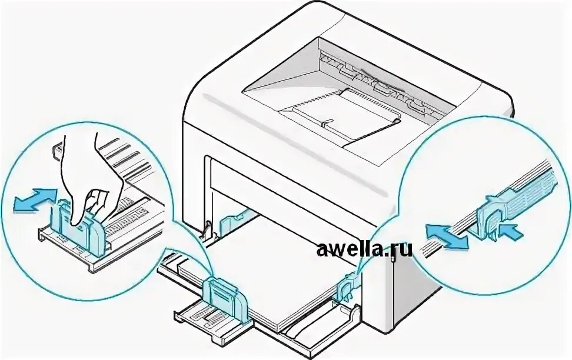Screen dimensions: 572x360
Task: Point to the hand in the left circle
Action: pyautogui.click(x=88, y=176)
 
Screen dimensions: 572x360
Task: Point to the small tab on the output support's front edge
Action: pyautogui.click(x=327, y=123)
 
